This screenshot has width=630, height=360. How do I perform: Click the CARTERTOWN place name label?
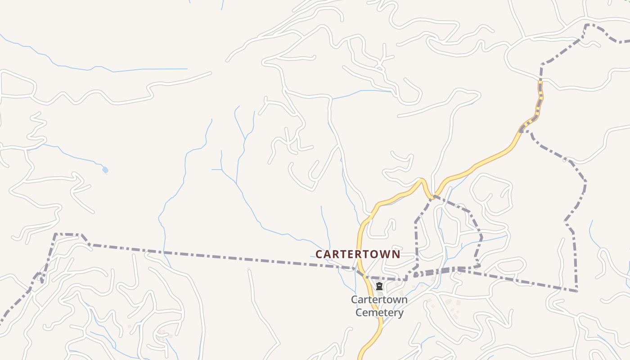(358, 254)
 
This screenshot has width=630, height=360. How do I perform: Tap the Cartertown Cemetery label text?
(379, 306)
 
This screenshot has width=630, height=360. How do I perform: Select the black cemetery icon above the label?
(379, 286)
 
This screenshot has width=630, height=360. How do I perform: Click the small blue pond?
(105, 170)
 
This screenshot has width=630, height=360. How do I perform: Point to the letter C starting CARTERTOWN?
(319, 254)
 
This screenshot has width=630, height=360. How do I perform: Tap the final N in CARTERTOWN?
(396, 254)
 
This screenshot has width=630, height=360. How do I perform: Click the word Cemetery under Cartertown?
(379, 312)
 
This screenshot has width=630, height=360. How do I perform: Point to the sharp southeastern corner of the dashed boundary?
(576, 291)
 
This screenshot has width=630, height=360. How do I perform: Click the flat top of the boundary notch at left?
(67, 234)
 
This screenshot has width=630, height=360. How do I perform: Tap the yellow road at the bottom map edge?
(360, 357)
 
